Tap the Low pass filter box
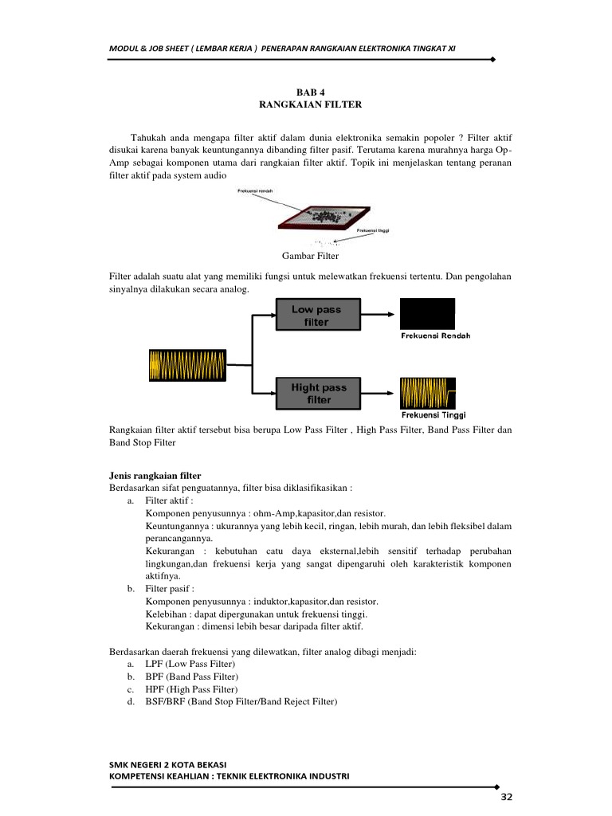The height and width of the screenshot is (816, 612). [x=318, y=315]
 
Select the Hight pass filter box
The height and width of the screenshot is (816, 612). [x=318, y=393]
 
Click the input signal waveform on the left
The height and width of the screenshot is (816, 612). [x=187, y=365]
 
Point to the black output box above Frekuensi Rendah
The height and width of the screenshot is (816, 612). [x=427, y=314]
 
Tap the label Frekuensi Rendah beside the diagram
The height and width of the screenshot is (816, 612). [x=435, y=335]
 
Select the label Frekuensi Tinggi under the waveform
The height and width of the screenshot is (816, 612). [x=433, y=414]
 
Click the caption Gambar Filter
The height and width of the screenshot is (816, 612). [x=310, y=256]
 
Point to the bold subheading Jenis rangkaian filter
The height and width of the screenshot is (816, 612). [x=155, y=476]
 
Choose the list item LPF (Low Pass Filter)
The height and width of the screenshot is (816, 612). [x=190, y=664]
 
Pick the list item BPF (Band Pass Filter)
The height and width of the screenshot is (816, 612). [x=191, y=677]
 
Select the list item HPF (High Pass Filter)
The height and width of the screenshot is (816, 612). [x=191, y=688]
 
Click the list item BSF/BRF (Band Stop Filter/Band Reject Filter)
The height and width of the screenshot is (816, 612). [x=241, y=701]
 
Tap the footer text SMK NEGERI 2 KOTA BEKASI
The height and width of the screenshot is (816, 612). [x=168, y=764]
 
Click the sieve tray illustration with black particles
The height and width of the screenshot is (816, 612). [x=323, y=216]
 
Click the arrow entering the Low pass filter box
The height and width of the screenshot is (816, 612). [x=263, y=315]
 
